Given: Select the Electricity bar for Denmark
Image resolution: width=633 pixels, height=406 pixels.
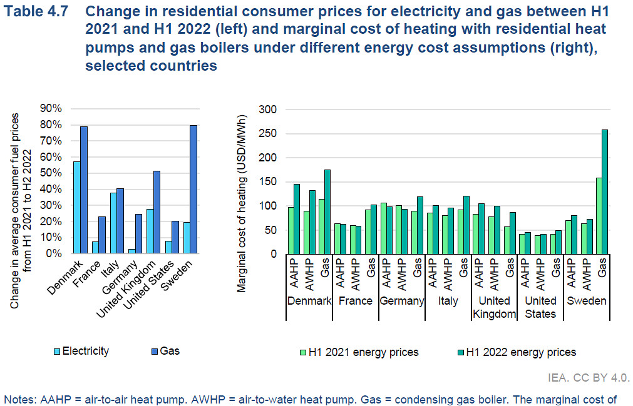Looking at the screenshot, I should pos(76,208).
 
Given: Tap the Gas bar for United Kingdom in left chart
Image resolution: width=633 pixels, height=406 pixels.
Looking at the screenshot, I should pos(157,213).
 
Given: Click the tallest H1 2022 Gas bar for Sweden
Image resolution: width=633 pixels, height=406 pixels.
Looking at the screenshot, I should pos(604,192).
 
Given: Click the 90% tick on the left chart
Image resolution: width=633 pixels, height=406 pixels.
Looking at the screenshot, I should pos(52,108).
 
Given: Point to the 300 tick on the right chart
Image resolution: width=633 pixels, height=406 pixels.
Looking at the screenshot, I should pos(268,109).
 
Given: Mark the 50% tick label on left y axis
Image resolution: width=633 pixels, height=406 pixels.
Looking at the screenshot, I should pos(52,173).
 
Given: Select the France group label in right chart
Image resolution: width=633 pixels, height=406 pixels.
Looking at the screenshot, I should pos(355,301).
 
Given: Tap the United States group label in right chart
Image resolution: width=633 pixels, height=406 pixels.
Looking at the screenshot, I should pos(540,307).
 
